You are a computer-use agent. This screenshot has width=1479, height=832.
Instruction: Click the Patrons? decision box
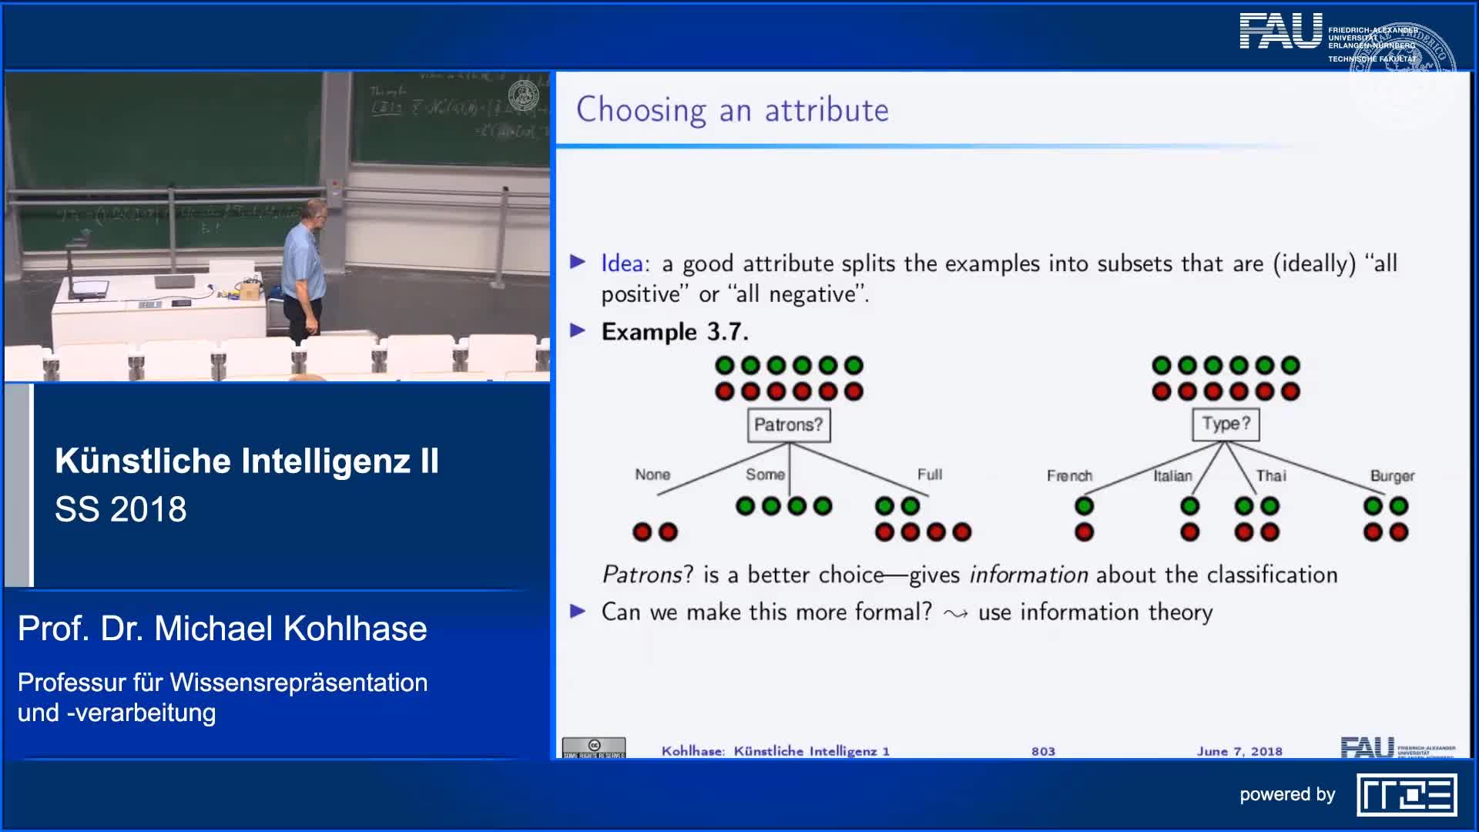click(x=788, y=425)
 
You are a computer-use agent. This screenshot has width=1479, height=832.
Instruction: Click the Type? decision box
click(x=1225, y=424)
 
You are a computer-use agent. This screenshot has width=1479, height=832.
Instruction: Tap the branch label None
click(x=652, y=475)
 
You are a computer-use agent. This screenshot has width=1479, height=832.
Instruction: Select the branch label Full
click(x=929, y=475)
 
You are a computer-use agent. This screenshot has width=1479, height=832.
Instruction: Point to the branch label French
click(x=1068, y=476)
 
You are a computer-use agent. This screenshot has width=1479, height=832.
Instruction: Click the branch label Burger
click(x=1391, y=476)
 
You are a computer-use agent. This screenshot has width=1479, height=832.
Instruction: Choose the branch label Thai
click(x=1270, y=476)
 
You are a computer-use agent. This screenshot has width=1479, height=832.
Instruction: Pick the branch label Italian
click(x=1172, y=476)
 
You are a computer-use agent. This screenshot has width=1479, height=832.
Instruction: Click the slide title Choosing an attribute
click(x=732, y=110)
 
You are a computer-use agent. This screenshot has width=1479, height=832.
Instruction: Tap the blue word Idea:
click(x=625, y=263)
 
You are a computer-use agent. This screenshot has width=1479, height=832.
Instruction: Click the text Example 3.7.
click(x=674, y=332)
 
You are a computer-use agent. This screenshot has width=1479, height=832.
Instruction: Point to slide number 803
click(x=1043, y=751)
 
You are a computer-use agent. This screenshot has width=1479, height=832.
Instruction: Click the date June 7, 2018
click(x=1239, y=751)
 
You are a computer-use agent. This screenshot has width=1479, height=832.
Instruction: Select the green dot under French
click(x=1084, y=506)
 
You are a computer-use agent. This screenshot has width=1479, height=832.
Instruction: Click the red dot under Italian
click(x=1189, y=532)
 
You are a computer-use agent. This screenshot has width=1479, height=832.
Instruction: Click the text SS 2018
click(x=121, y=509)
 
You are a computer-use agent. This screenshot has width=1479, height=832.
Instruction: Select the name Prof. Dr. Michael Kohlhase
click(x=222, y=629)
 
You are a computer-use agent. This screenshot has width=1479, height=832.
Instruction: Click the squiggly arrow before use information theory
click(x=955, y=614)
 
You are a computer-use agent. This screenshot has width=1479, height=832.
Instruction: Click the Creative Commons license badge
click(x=593, y=748)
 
